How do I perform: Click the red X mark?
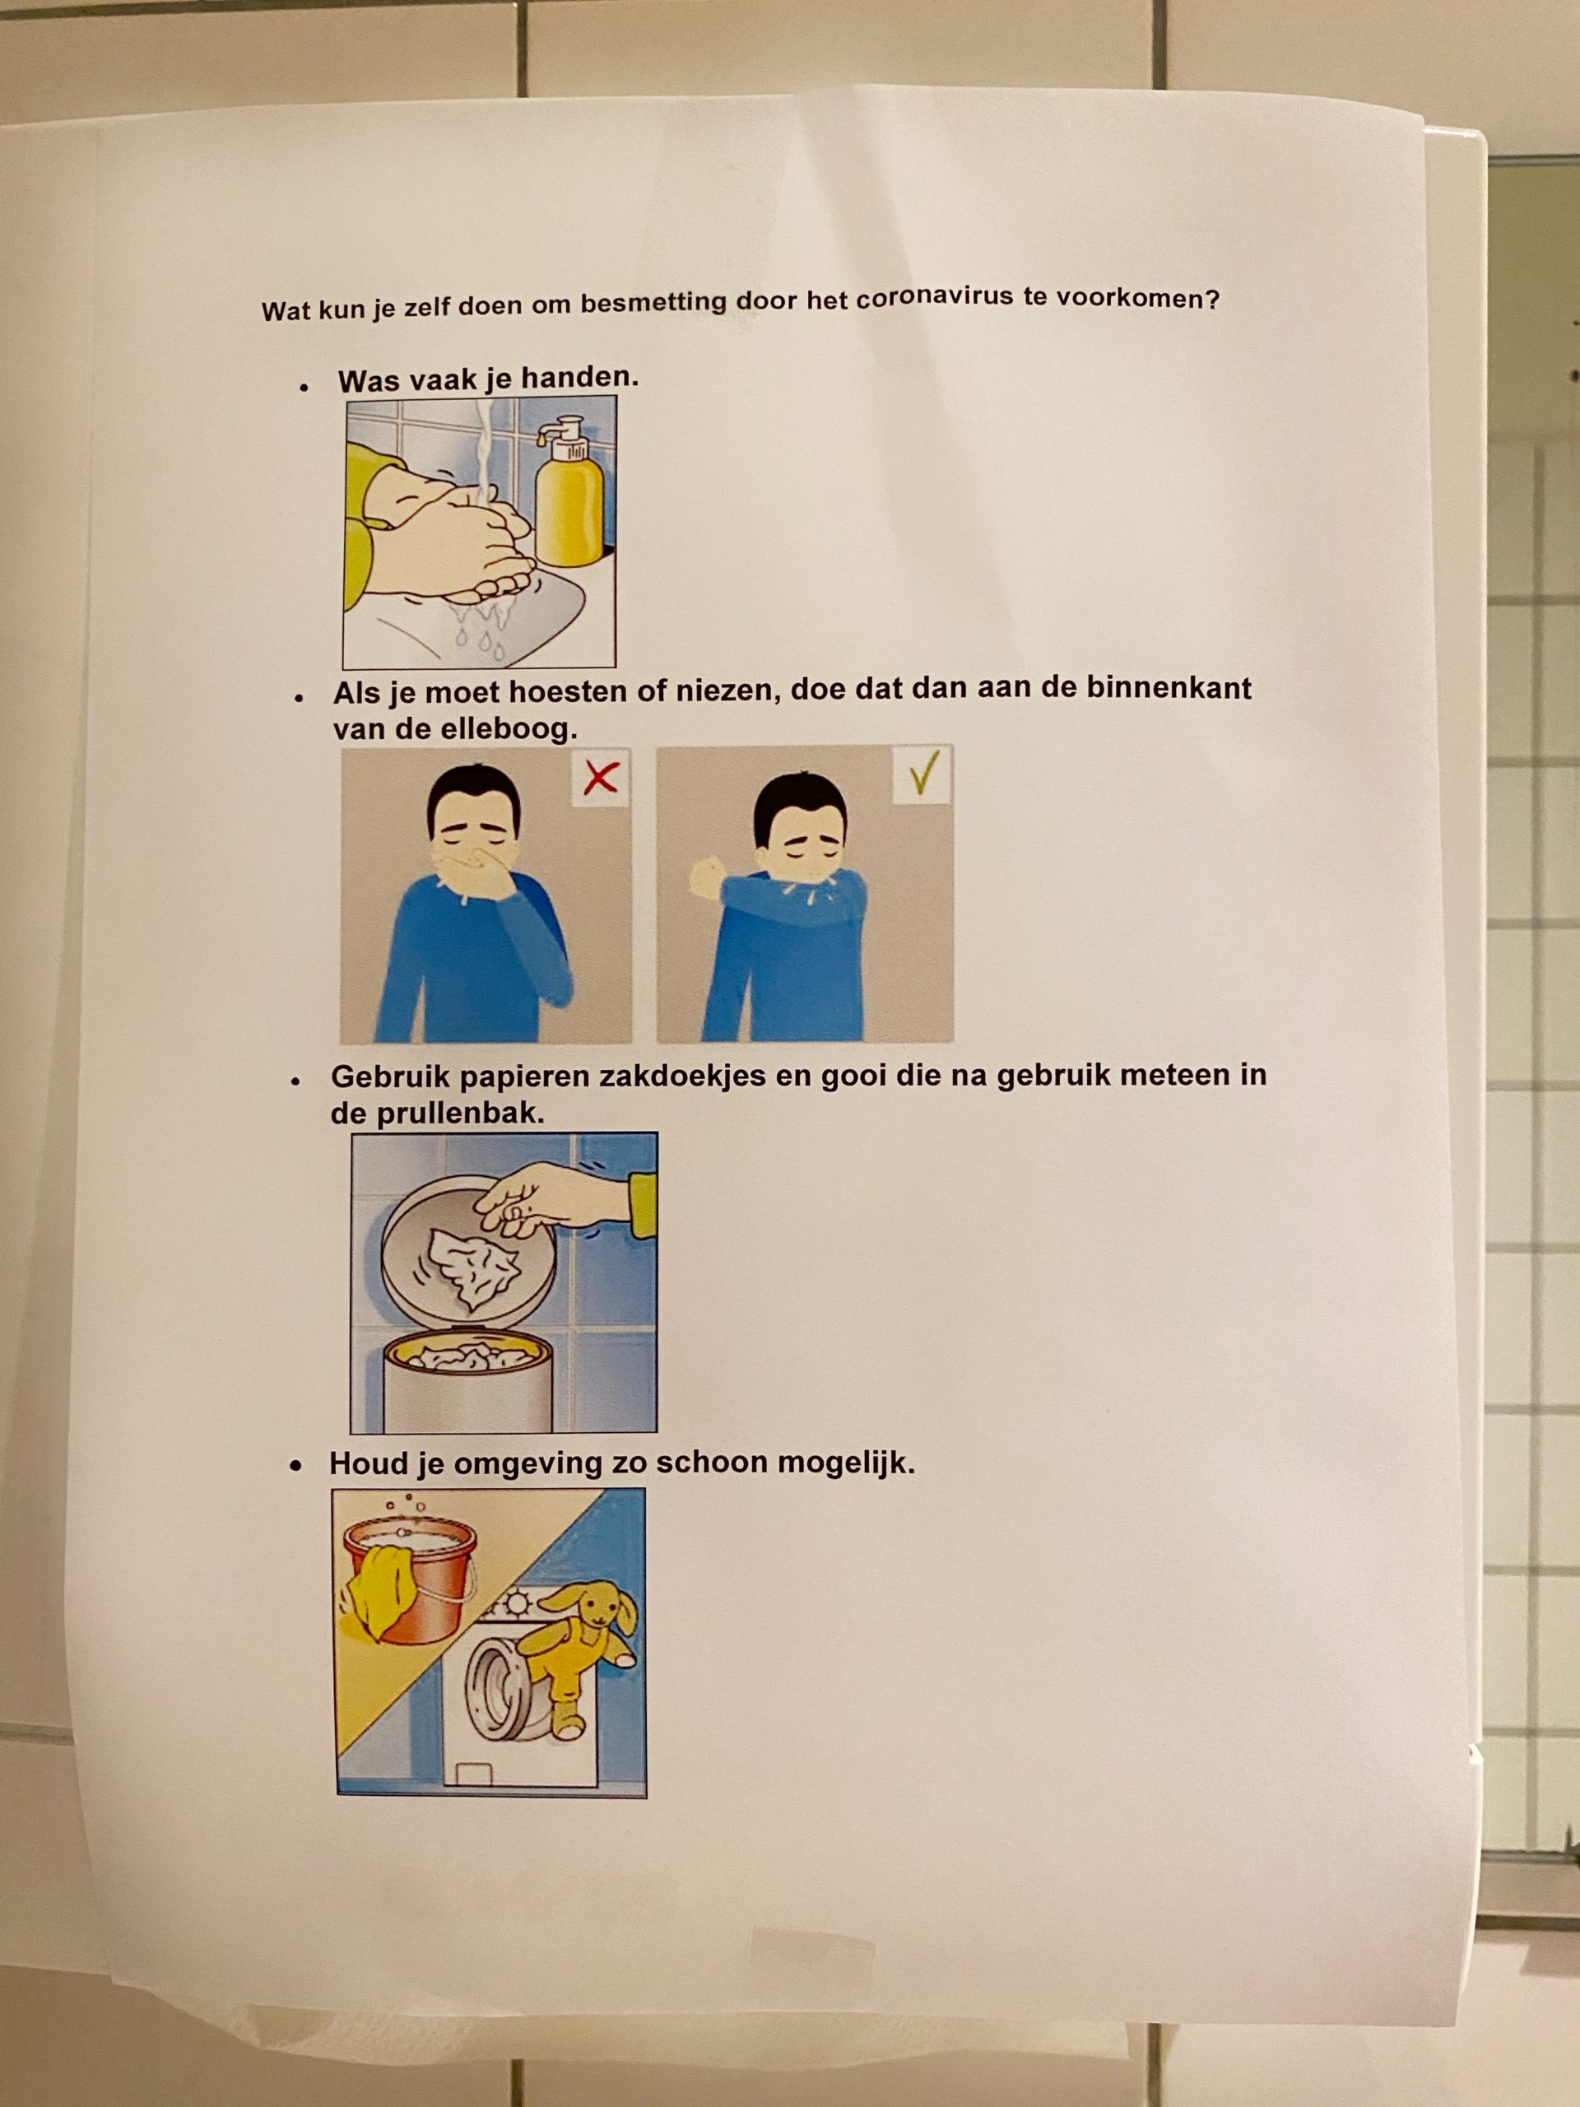[600, 779]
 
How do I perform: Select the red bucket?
[410, 1582]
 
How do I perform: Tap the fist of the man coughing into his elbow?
[709, 877]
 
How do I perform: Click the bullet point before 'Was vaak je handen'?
[304, 388]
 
